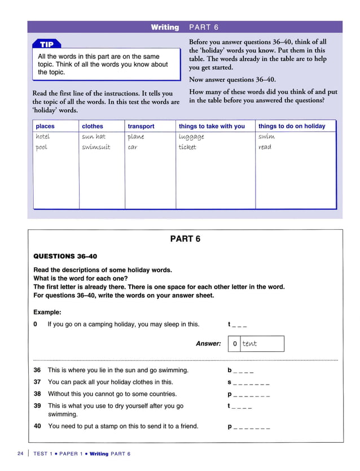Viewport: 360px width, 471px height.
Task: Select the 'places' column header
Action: [46, 126]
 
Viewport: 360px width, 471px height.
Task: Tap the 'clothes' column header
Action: [93, 126]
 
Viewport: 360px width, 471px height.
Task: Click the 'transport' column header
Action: [141, 126]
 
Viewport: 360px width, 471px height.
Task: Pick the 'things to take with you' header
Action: [212, 126]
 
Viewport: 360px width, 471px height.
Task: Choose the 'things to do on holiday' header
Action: [292, 126]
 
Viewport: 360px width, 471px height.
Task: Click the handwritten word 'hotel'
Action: [43, 137]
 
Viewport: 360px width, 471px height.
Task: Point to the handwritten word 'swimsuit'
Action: [96, 147]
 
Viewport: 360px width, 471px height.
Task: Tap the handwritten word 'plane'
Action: [135, 137]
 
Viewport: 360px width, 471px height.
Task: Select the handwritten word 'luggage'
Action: [191, 137]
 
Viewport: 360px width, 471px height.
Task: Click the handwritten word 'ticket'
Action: [187, 147]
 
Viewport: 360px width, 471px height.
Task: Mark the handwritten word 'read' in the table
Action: [265, 147]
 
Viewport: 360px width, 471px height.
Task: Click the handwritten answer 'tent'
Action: [249, 343]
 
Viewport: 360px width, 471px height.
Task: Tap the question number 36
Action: [37, 370]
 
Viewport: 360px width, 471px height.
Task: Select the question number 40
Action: [37, 426]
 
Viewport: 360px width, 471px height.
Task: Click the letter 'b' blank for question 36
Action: [240, 371]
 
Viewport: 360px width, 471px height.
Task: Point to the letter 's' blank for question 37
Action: [248, 382]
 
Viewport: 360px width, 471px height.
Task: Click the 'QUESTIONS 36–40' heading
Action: [65, 256]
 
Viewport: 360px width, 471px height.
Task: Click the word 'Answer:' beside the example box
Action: [208, 343]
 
